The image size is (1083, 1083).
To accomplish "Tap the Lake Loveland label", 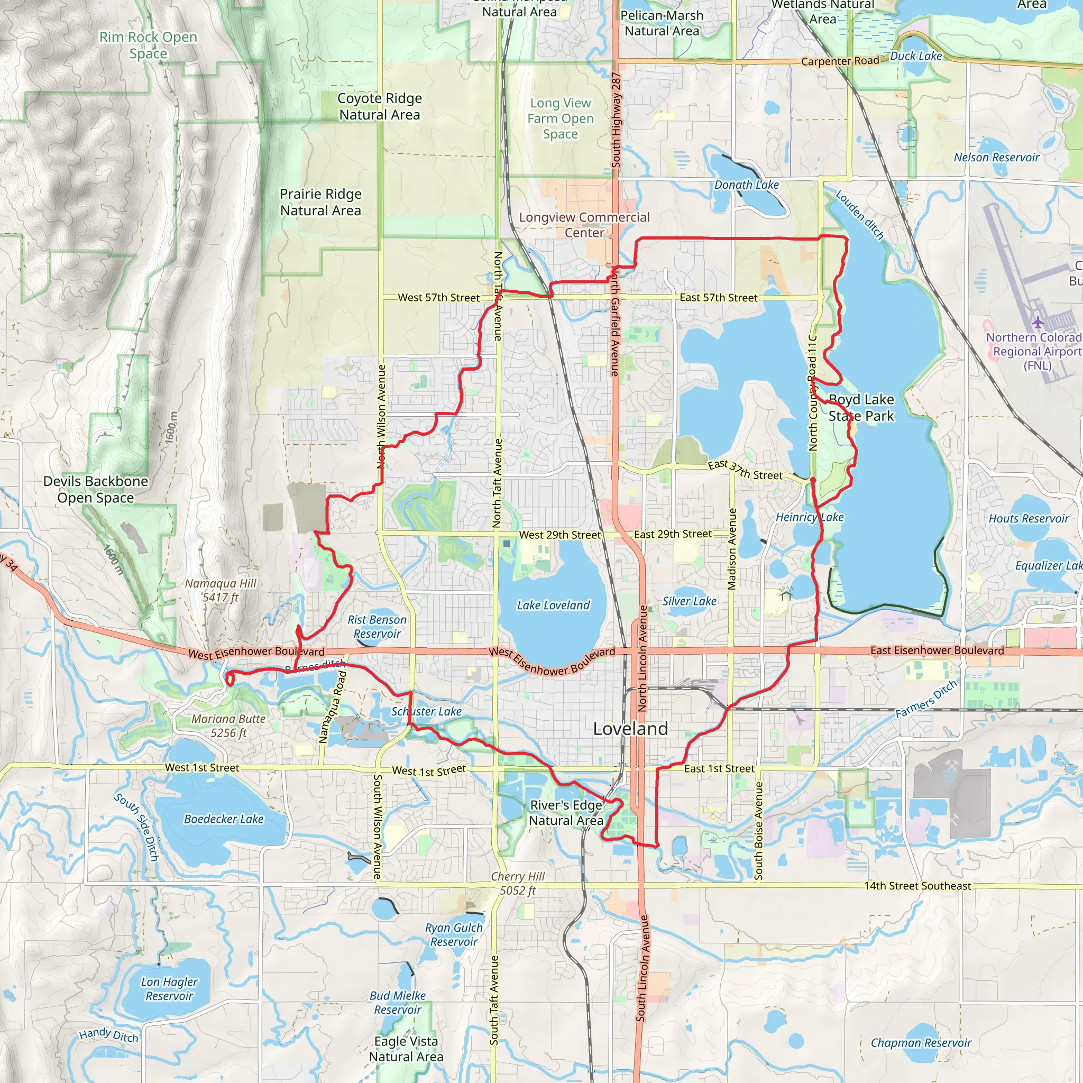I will [x=553, y=605].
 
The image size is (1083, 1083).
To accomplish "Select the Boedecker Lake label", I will [x=224, y=819].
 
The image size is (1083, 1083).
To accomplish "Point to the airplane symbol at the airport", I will [x=1038, y=323].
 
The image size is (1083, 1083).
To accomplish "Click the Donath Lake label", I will [x=746, y=185].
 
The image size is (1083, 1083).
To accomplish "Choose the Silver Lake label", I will [x=689, y=601].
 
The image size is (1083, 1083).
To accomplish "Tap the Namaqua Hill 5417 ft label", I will [x=221, y=590].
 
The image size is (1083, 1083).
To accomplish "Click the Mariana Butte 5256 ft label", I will [x=228, y=726].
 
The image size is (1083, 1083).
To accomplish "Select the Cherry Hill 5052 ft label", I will [x=517, y=883].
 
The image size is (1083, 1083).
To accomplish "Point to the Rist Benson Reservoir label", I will [x=377, y=627].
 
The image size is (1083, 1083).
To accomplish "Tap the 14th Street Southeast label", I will [x=917, y=886].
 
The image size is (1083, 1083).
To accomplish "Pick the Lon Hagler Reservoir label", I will [x=169, y=989].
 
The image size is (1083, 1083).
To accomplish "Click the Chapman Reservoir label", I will [x=921, y=1043].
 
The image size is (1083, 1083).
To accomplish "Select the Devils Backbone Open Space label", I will [x=96, y=489].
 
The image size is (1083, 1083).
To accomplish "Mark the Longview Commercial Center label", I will [x=584, y=225].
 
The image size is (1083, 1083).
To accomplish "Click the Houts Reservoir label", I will [x=1028, y=519].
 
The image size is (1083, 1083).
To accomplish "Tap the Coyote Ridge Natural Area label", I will [x=380, y=106].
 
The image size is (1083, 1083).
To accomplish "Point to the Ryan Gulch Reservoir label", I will [x=454, y=934].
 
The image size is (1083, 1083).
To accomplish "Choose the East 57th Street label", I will [x=718, y=298].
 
